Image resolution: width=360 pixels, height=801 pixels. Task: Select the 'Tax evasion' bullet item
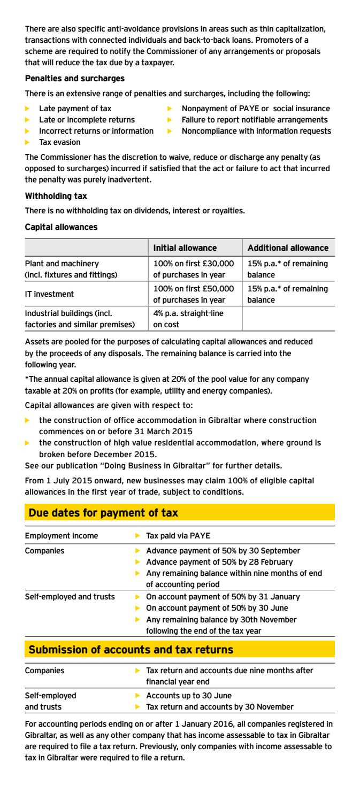click(x=59, y=142)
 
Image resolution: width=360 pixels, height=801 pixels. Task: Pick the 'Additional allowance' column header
click(x=288, y=248)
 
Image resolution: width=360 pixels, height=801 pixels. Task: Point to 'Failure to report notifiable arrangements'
click(x=255, y=120)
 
